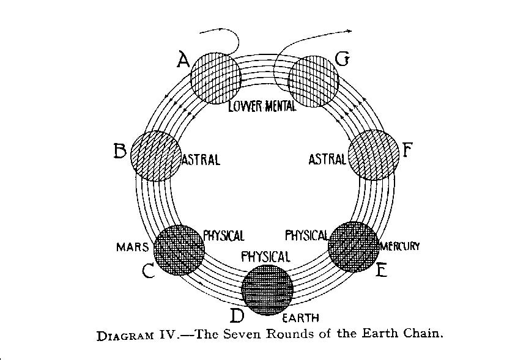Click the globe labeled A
pyautogui.click(x=215, y=78)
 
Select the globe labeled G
pyautogui.click(x=313, y=81)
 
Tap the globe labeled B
pyautogui.click(x=155, y=155)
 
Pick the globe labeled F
pyautogui.click(x=371, y=155)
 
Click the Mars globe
pyautogui.click(x=180, y=249)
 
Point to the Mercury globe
pyautogui.click(x=353, y=246)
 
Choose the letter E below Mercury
pyautogui.click(x=381, y=270)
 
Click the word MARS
pyautogui.click(x=132, y=248)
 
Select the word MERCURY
pyautogui.click(x=400, y=246)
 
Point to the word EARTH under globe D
pyautogui.click(x=301, y=318)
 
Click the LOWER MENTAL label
pyautogui.click(x=262, y=106)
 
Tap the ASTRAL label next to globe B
pyautogui.click(x=201, y=160)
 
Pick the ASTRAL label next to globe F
pyautogui.click(x=327, y=160)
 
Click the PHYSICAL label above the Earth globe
pyautogui.click(x=265, y=257)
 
